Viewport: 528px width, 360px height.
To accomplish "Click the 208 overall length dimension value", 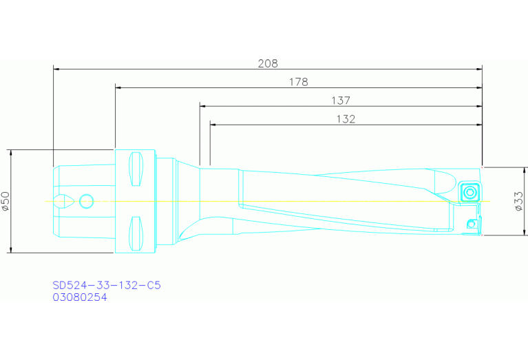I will point(268,63).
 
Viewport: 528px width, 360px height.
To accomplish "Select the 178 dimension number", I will point(298,82).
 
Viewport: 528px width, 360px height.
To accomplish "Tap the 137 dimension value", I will point(341,100).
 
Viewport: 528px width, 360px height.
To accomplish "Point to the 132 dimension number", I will point(346,119).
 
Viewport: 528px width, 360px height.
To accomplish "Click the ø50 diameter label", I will point(6,200).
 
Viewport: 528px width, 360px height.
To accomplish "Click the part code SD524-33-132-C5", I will point(107,285).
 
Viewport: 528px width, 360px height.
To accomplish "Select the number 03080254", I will point(80,297).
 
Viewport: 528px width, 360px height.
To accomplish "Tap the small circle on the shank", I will point(86,201).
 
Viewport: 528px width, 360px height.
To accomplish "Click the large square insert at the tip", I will point(469,191).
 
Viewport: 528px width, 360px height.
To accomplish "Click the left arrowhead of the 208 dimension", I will point(56,69).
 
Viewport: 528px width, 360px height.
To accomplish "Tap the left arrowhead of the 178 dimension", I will point(118,87).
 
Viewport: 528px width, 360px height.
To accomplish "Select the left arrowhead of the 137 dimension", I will point(203,106).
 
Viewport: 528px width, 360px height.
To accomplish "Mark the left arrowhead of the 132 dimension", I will point(213,125).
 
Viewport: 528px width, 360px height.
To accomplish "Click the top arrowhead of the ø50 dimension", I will point(12,153).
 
